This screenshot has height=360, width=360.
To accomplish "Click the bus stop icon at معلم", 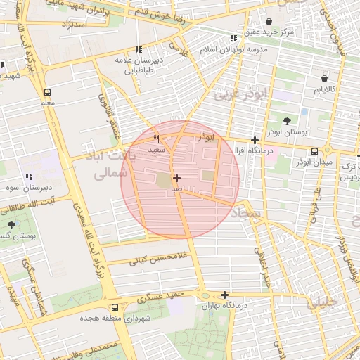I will pos(47,92).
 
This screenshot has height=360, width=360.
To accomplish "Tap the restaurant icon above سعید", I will pos(157,139).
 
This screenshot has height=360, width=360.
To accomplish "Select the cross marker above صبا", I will pos(176,178).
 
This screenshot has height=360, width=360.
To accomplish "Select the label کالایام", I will pos(330,90).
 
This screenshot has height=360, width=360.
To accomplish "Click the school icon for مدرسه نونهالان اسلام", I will pos(233,39).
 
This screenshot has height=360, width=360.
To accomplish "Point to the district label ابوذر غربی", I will pos(241,93).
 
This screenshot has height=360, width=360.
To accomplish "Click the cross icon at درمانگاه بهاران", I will pos(224,295).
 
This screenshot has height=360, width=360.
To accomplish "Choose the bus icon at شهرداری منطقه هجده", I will pos(115,307).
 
